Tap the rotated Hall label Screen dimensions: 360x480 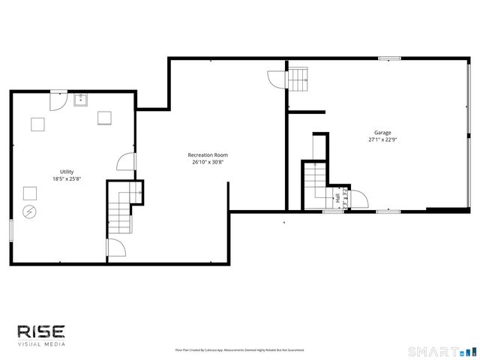click(x=337, y=199)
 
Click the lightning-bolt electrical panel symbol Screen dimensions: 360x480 click(x=30, y=211)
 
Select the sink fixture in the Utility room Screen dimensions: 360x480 click(x=80, y=99)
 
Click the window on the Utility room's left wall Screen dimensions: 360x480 click(x=10, y=230)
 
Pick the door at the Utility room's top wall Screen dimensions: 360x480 click(x=57, y=99)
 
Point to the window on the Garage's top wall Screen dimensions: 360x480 click(x=388, y=58)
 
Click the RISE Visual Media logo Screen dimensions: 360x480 click(x=41, y=334)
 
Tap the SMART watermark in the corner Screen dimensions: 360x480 click(x=441, y=351)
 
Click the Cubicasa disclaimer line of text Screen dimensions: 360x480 click(x=239, y=349)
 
